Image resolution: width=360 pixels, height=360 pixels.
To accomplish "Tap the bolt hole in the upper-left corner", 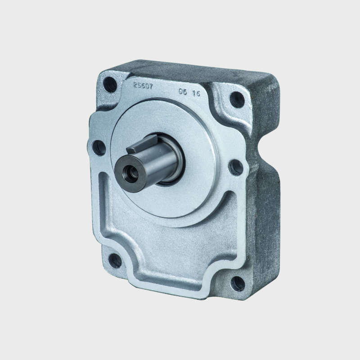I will point(108,83).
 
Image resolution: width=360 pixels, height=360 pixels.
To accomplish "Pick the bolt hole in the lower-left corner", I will point(116,260).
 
